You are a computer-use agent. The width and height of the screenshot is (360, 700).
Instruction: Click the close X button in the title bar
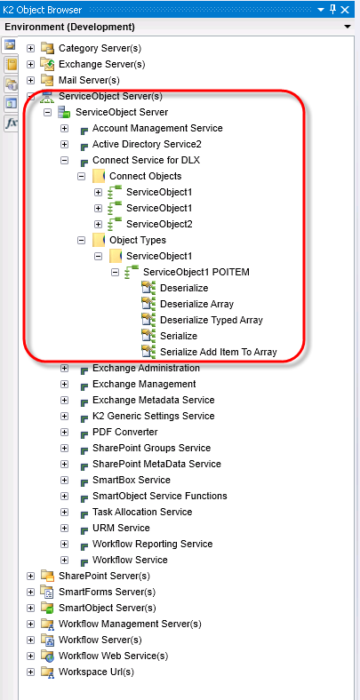tap(345, 10)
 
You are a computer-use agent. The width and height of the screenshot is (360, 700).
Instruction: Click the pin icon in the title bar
tap(332, 10)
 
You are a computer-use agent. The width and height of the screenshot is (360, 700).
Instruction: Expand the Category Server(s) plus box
tap(30, 48)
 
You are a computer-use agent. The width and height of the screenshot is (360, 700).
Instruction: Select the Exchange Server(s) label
tap(102, 64)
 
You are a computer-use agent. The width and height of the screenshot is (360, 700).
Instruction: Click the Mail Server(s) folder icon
tap(47, 80)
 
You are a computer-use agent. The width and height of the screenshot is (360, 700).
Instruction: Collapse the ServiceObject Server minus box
tap(47, 113)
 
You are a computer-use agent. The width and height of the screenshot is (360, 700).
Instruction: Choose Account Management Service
tap(157, 129)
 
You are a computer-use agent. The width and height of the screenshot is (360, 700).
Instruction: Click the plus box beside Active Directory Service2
tap(64, 145)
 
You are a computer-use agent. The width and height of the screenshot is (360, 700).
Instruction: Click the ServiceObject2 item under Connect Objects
tap(159, 224)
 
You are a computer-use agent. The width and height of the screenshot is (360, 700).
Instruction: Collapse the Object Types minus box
tap(81, 240)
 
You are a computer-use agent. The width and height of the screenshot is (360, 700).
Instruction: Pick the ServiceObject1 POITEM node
tap(196, 272)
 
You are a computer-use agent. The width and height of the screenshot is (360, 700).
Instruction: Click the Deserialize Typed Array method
tap(212, 320)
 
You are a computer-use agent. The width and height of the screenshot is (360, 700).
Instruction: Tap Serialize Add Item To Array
tap(219, 353)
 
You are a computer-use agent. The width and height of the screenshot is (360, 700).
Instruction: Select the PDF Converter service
tap(125, 432)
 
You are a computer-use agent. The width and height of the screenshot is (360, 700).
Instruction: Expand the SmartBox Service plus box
tap(64, 481)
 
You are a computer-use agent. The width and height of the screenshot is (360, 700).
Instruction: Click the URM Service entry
tap(121, 529)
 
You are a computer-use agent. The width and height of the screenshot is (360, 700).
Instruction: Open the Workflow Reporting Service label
tap(152, 545)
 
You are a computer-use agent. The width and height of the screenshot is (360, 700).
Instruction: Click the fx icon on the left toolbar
tap(11, 123)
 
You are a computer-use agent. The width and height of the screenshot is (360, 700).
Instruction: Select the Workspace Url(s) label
tap(96, 672)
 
